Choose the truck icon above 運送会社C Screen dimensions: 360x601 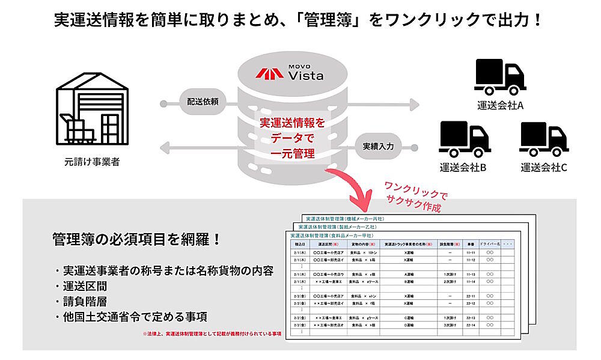coord(544,139)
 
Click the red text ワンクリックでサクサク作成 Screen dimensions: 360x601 coord(413,195)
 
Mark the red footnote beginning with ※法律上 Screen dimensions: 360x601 coord(212,332)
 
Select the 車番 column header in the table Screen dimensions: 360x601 coord(471,245)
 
